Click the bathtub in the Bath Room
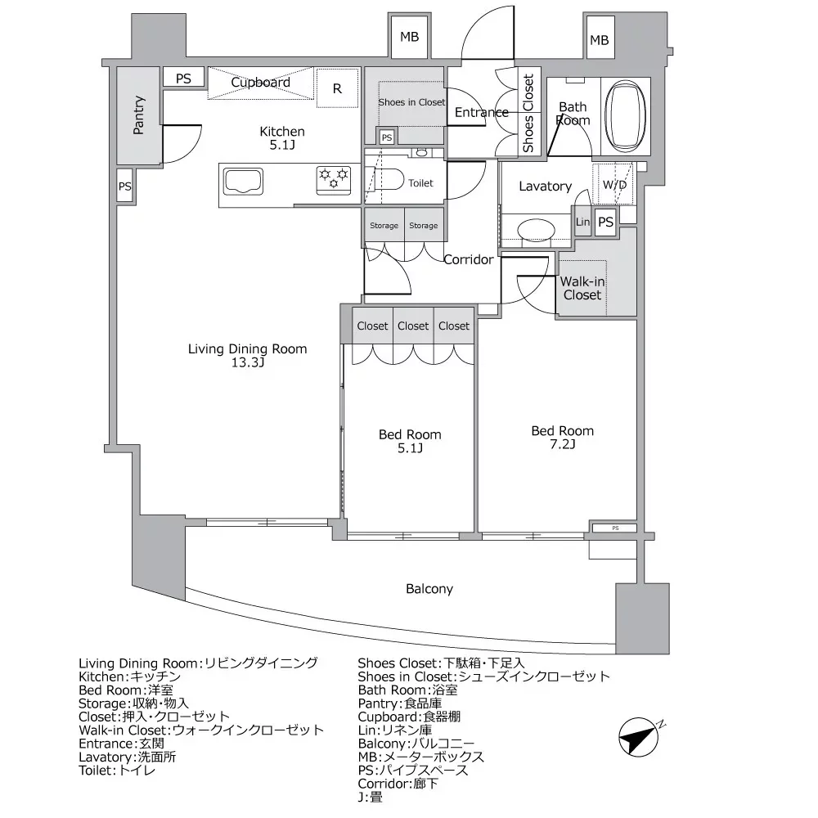click(625, 115)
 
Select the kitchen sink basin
click(243, 181)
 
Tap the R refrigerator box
click(338, 88)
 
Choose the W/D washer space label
click(614, 185)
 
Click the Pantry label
click(138, 115)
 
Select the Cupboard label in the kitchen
click(260, 83)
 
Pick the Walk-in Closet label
click(582, 288)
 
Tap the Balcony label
click(429, 589)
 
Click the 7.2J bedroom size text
click(563, 444)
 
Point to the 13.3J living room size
click(248, 362)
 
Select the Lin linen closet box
click(582, 222)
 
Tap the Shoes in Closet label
click(411, 102)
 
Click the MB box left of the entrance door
click(410, 37)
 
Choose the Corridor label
click(469, 259)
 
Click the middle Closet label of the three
click(413, 326)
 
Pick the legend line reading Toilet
click(117, 771)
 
